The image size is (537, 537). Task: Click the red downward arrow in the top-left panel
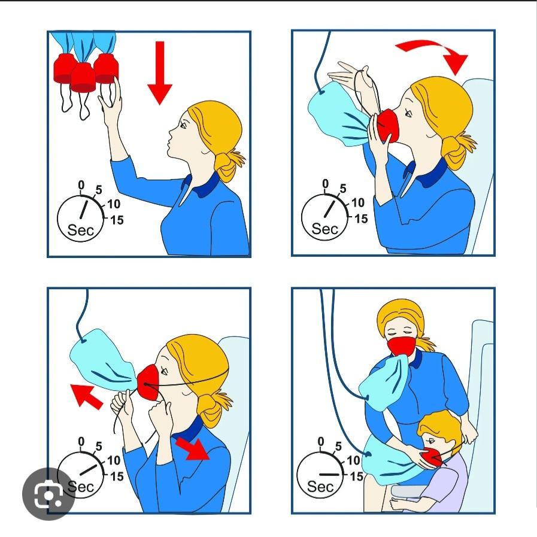160,72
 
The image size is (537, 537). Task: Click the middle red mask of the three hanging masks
83,78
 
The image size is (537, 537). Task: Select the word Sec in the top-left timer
80,230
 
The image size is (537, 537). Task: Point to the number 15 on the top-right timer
361,219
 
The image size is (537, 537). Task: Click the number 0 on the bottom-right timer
320,442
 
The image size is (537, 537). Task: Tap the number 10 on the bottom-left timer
114,460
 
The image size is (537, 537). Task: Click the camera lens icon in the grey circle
48,494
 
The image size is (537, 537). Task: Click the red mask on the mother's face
401,346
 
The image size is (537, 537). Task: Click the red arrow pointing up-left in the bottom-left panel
86,396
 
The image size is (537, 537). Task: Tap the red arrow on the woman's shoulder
193,448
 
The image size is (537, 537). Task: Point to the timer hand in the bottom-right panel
329,475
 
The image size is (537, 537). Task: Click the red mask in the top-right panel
388,125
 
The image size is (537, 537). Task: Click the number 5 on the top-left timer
99,190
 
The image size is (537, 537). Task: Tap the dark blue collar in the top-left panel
202,185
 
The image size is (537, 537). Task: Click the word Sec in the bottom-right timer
320,486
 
